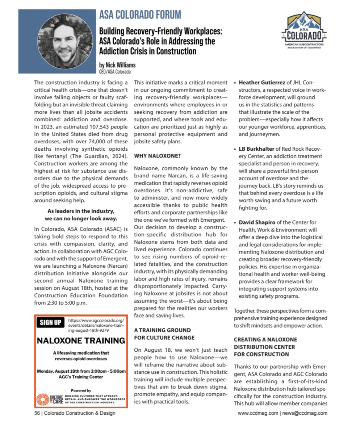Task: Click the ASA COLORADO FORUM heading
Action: tap(140, 15)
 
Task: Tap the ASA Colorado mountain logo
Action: tap(304, 29)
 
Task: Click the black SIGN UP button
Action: tap(50, 323)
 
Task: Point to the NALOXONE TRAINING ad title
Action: tap(81, 340)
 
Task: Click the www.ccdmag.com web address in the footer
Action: tap(258, 413)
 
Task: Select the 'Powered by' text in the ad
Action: tap(81, 390)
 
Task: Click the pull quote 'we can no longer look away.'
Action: tap(81, 219)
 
